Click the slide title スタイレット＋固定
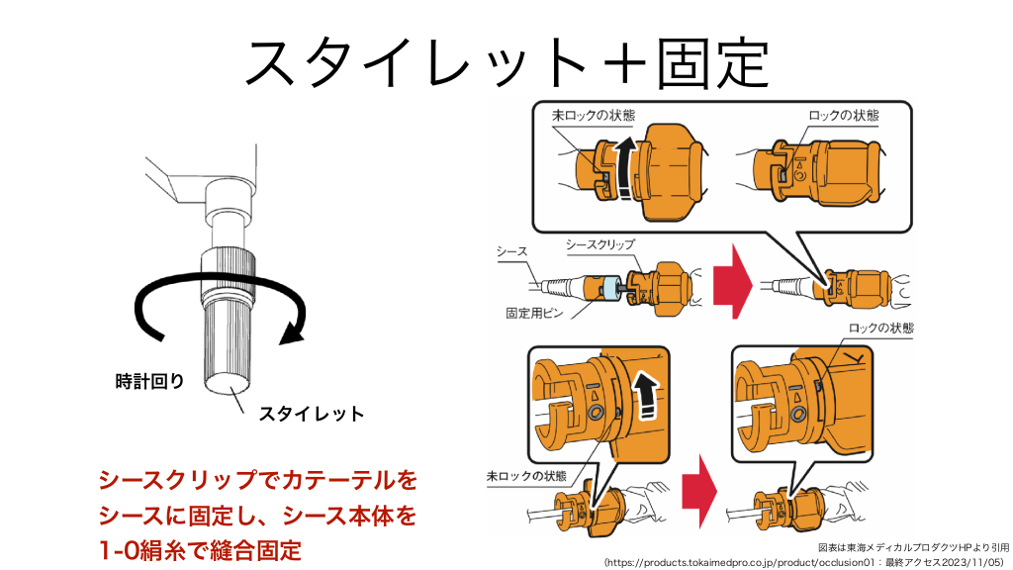(506, 61)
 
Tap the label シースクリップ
(599, 243)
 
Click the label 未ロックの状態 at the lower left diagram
(526, 475)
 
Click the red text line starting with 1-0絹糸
(201, 547)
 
